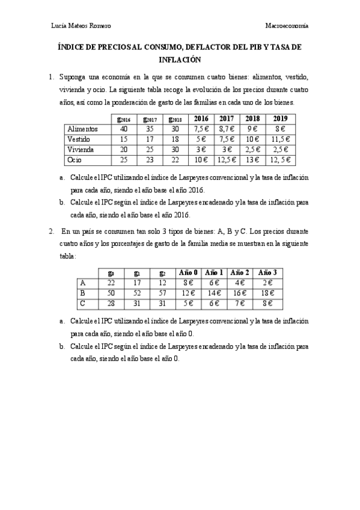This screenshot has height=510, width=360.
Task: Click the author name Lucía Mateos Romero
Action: [x=82, y=25]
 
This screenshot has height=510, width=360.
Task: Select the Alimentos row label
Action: [x=83, y=129]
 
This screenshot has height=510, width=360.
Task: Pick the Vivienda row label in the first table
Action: [x=81, y=149]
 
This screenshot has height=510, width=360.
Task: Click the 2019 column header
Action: [x=281, y=118]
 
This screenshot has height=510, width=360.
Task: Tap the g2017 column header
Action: [x=150, y=119]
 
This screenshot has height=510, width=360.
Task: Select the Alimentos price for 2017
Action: [x=227, y=129]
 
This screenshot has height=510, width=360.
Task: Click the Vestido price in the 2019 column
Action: [x=281, y=139]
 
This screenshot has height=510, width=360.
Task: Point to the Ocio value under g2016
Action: [x=124, y=159]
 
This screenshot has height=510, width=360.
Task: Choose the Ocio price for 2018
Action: [x=253, y=159]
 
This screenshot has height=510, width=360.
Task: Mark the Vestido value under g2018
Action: [x=176, y=139]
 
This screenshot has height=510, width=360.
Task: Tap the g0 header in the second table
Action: [x=111, y=272]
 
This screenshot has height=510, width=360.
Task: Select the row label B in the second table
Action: [x=82, y=292]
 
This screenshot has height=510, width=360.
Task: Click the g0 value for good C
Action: [x=111, y=303]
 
